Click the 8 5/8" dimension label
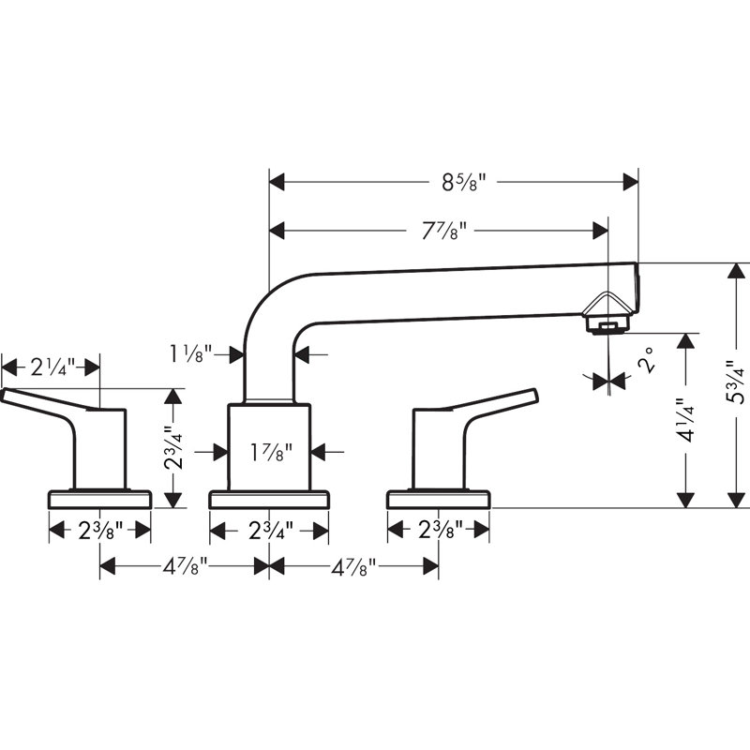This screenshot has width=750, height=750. [x=463, y=182]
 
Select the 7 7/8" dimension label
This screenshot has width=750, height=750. [x=443, y=232]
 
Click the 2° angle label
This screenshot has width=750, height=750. [x=645, y=360]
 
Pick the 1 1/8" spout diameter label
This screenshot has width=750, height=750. [x=191, y=354]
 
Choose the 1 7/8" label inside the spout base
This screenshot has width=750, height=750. [x=271, y=452]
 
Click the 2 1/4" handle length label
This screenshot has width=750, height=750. [x=53, y=367]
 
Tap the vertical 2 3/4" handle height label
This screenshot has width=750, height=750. [x=172, y=448]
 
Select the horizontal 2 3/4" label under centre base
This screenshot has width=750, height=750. [x=271, y=531]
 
